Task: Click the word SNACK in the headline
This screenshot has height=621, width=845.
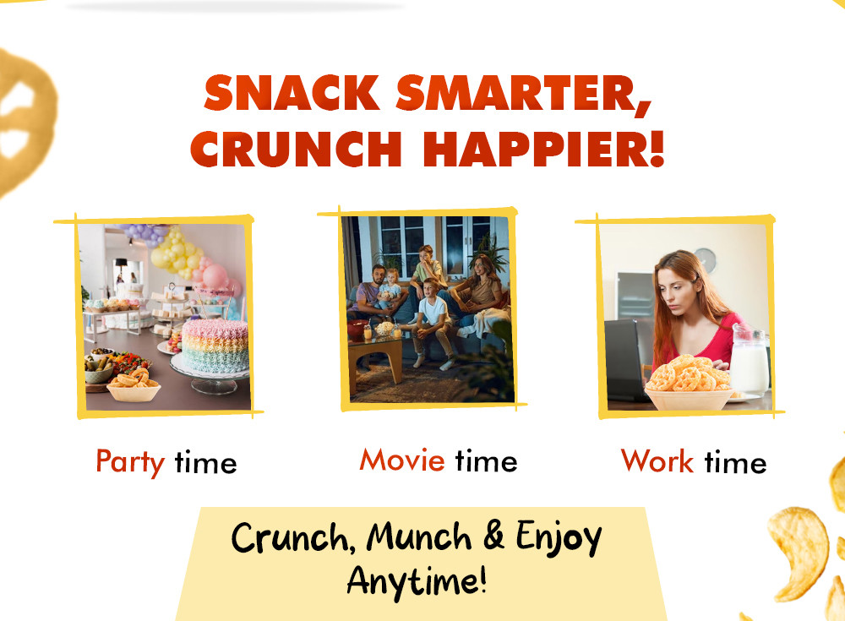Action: click(292, 93)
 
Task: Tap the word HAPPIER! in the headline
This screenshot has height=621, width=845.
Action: click(543, 148)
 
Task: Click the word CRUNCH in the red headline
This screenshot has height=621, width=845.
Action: click(296, 148)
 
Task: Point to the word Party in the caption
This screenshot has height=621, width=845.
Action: click(130, 462)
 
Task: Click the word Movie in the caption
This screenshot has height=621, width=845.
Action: click(402, 460)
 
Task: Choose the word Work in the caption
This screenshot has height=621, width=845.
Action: click(657, 461)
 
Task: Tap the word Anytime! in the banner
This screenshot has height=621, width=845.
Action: click(417, 581)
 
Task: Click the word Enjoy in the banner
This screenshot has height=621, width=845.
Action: click(559, 537)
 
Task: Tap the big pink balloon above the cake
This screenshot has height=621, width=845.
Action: click(215, 276)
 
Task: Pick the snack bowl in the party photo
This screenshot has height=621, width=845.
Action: click(134, 386)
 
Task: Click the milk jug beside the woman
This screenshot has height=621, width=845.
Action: click(749, 360)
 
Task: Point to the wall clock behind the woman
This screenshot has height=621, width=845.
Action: click(705, 260)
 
